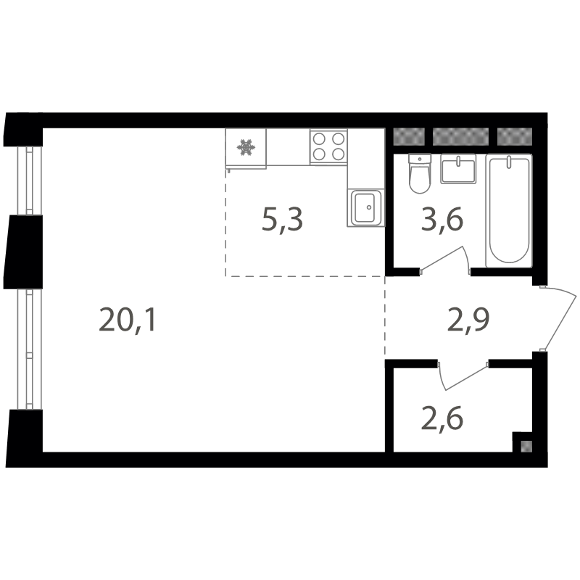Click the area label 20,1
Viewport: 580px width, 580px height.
tap(128, 320)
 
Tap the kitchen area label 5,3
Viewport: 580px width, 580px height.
tap(282, 220)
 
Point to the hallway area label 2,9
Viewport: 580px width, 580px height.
tap(468, 320)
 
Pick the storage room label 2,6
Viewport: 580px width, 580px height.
tap(442, 418)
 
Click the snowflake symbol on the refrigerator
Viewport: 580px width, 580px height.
tap(246, 147)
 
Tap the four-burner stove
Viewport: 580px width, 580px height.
tap(328, 146)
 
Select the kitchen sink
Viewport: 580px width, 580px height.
tap(366, 207)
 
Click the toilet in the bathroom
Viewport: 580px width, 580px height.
tap(420, 173)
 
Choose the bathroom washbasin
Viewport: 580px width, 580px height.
tap(458, 169)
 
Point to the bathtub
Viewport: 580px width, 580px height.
tap(509, 210)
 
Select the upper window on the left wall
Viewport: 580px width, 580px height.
tap(30, 181)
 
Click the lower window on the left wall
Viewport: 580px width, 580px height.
tap(30, 349)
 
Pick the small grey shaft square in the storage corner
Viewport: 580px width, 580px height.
tap(526, 447)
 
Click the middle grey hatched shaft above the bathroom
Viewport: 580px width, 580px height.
tap(460, 136)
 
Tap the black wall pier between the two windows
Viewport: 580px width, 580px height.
tap(24, 252)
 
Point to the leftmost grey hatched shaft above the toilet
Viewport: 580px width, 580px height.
tap(408, 136)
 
